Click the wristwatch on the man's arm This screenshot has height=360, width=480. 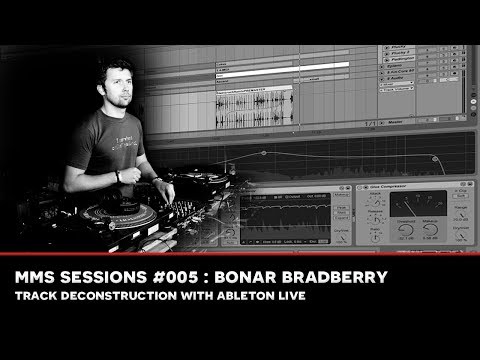tap(119, 176)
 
